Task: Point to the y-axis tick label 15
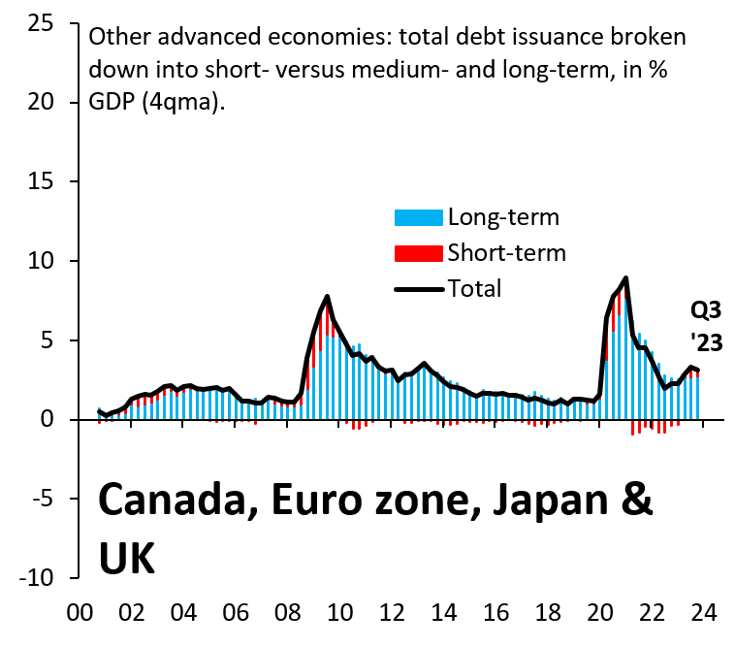pyautogui.click(x=41, y=181)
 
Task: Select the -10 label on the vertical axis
pyautogui.click(x=36, y=578)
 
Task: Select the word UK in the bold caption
pyautogui.click(x=126, y=557)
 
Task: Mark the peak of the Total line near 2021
pyautogui.click(x=626, y=277)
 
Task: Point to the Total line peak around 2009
pyautogui.click(x=328, y=296)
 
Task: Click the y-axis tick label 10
pyautogui.click(x=41, y=261)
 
